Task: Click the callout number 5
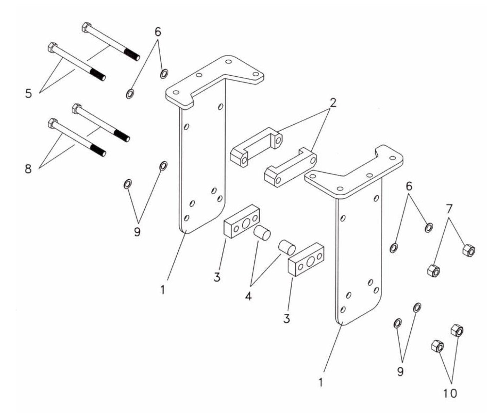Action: coord(29,94)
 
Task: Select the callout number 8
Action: coord(28,169)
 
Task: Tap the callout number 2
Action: coord(333,103)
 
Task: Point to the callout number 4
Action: coord(248,295)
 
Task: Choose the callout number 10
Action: coord(450,393)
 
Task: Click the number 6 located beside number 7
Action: coord(409,186)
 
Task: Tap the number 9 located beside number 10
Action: coord(400,372)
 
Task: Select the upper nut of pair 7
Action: coord(469,251)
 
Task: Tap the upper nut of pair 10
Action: coord(457,331)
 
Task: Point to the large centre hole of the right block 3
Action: coord(310,262)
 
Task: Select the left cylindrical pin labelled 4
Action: coord(262,233)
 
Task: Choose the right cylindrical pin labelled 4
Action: coord(286,247)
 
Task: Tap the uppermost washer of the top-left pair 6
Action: coord(164,74)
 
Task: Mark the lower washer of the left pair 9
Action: coord(127,185)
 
